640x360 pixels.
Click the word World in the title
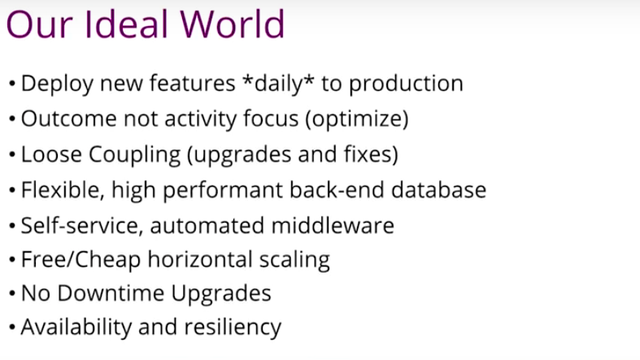tap(233, 24)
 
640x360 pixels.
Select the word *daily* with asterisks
tap(278, 84)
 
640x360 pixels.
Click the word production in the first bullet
tap(406, 84)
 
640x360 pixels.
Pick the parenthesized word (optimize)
tap(357, 119)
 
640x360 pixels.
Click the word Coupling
tap(135, 155)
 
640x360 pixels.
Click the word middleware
tap(333, 225)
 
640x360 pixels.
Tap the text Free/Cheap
tap(81, 260)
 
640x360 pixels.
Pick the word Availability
tap(76, 327)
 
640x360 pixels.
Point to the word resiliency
tap(233, 327)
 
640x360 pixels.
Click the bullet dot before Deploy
tap(12, 85)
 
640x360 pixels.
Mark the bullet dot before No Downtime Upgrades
tap(12, 293)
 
